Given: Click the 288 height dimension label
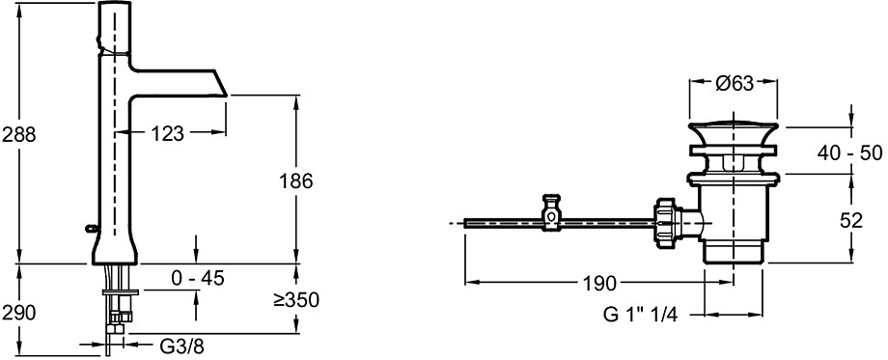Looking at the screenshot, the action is point(18,135).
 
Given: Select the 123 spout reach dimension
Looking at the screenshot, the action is point(168,133).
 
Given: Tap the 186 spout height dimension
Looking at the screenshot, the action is point(296,181).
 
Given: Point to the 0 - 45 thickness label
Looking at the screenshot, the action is point(198,278).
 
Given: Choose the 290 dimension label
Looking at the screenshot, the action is point(18,312).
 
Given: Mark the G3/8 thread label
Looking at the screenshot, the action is point(180,346).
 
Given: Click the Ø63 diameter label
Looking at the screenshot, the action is point(735,84).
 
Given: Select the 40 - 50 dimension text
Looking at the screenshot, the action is point(851,152).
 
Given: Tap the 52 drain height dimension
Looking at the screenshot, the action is point(851,220).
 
